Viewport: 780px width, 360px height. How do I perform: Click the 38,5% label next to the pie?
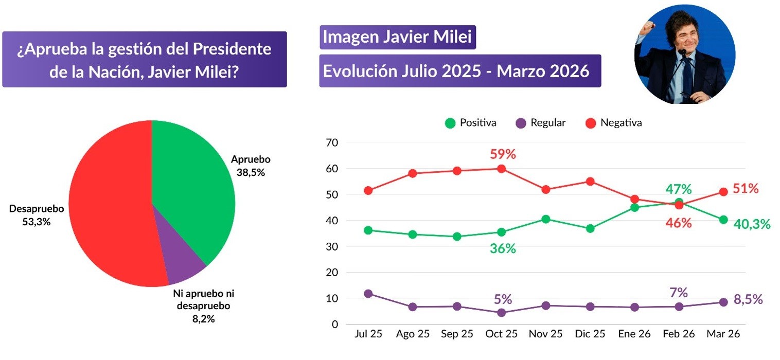(x=251, y=172)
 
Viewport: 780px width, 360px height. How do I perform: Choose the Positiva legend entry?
(x=471, y=123)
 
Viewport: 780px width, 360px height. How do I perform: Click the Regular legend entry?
(x=541, y=123)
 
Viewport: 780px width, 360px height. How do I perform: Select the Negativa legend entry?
(x=614, y=123)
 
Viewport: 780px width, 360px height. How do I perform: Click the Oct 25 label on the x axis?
(x=502, y=334)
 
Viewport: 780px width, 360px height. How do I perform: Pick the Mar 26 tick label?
(x=723, y=334)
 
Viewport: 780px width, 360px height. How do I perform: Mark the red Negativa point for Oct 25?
(x=502, y=169)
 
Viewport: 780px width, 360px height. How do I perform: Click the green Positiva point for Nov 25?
(x=546, y=219)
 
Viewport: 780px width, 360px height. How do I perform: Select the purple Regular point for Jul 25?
(x=368, y=294)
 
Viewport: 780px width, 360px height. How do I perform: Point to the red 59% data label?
(x=503, y=154)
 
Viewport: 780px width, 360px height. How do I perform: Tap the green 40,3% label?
(x=752, y=224)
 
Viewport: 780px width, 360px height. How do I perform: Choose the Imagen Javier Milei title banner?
(x=397, y=38)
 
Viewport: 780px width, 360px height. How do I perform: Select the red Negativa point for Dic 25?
(x=590, y=181)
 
